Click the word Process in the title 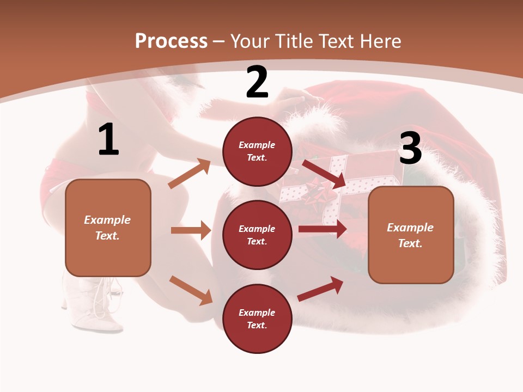[171, 41]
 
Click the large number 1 [108, 140]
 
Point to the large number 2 [257, 83]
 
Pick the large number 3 [410, 148]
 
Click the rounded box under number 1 [108, 228]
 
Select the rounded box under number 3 [411, 235]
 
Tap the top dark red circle [257, 151]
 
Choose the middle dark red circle [257, 235]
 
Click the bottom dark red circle [257, 318]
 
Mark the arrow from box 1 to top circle [189, 174]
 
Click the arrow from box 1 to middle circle [191, 230]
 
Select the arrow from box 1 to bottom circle [191, 290]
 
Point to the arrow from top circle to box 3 [324, 174]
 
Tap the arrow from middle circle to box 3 [323, 229]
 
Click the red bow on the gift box [315, 192]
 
